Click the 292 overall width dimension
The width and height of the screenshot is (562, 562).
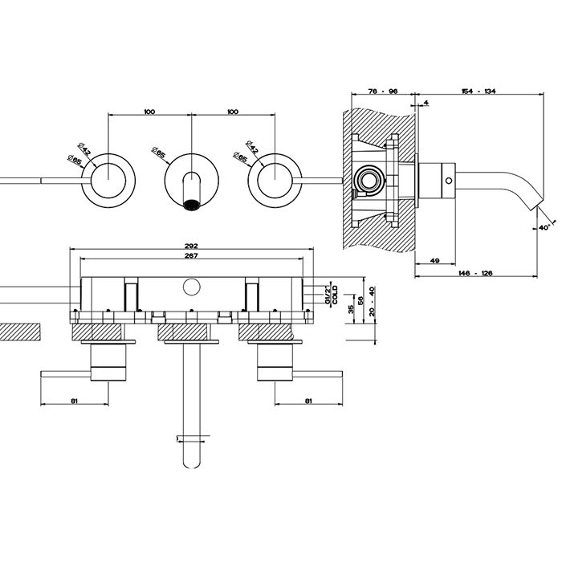pos(190,246)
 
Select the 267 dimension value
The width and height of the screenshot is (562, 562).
pos(190,255)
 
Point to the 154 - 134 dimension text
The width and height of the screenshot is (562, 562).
pos(479,91)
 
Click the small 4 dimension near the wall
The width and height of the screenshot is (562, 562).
pos(425,103)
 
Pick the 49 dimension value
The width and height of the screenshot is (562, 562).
pos(434,260)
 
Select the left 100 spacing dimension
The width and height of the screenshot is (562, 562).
pos(149,112)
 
